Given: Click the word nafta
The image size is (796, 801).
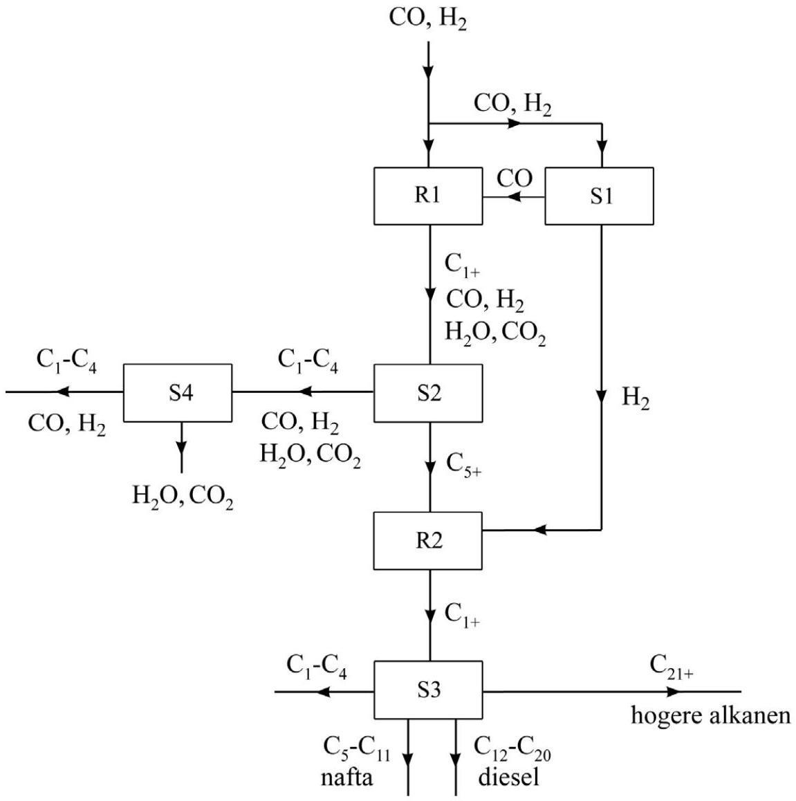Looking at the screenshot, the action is (346, 777).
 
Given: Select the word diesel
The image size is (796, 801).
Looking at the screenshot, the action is (508, 777).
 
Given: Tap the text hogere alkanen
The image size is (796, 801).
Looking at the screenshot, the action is (711, 716).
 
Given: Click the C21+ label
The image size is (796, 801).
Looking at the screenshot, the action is (672, 667).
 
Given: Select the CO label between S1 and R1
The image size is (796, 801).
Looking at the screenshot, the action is (515, 178).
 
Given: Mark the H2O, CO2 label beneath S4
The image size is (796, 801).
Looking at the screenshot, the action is (183, 496).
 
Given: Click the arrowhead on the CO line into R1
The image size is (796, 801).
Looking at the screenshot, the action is (515, 197).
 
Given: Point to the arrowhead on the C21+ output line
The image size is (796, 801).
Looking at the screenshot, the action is (674, 692).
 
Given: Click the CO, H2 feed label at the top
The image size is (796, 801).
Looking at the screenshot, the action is (428, 19).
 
